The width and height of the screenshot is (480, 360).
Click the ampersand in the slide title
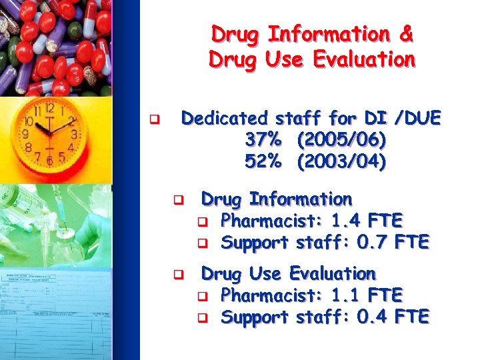[405, 33]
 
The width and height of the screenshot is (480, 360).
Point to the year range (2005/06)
[342, 140]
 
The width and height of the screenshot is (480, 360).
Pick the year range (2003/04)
[342, 161]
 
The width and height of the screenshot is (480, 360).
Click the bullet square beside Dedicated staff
[153, 121]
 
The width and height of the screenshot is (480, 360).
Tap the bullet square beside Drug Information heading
[178, 200]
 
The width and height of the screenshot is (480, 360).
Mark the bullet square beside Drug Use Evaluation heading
[178, 274]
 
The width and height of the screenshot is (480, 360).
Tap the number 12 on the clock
[49, 107]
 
